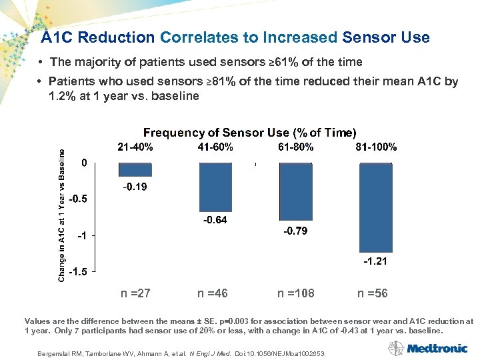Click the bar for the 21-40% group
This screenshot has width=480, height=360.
click(x=135, y=169)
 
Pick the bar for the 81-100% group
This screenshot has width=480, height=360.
click(x=375, y=207)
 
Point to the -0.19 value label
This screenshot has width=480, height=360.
click(x=135, y=187)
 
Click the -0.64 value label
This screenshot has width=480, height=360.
click(x=215, y=220)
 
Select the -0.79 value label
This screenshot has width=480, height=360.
click(x=295, y=231)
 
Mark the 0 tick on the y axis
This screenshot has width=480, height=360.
click(x=84, y=163)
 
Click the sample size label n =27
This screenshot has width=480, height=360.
click(x=135, y=293)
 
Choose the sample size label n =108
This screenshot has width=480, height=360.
click(x=296, y=293)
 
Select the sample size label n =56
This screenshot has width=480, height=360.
click(x=372, y=293)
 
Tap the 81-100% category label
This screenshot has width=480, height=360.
click(x=376, y=147)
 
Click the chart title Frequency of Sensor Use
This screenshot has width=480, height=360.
click(x=250, y=133)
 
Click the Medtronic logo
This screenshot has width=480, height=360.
click(x=437, y=347)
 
